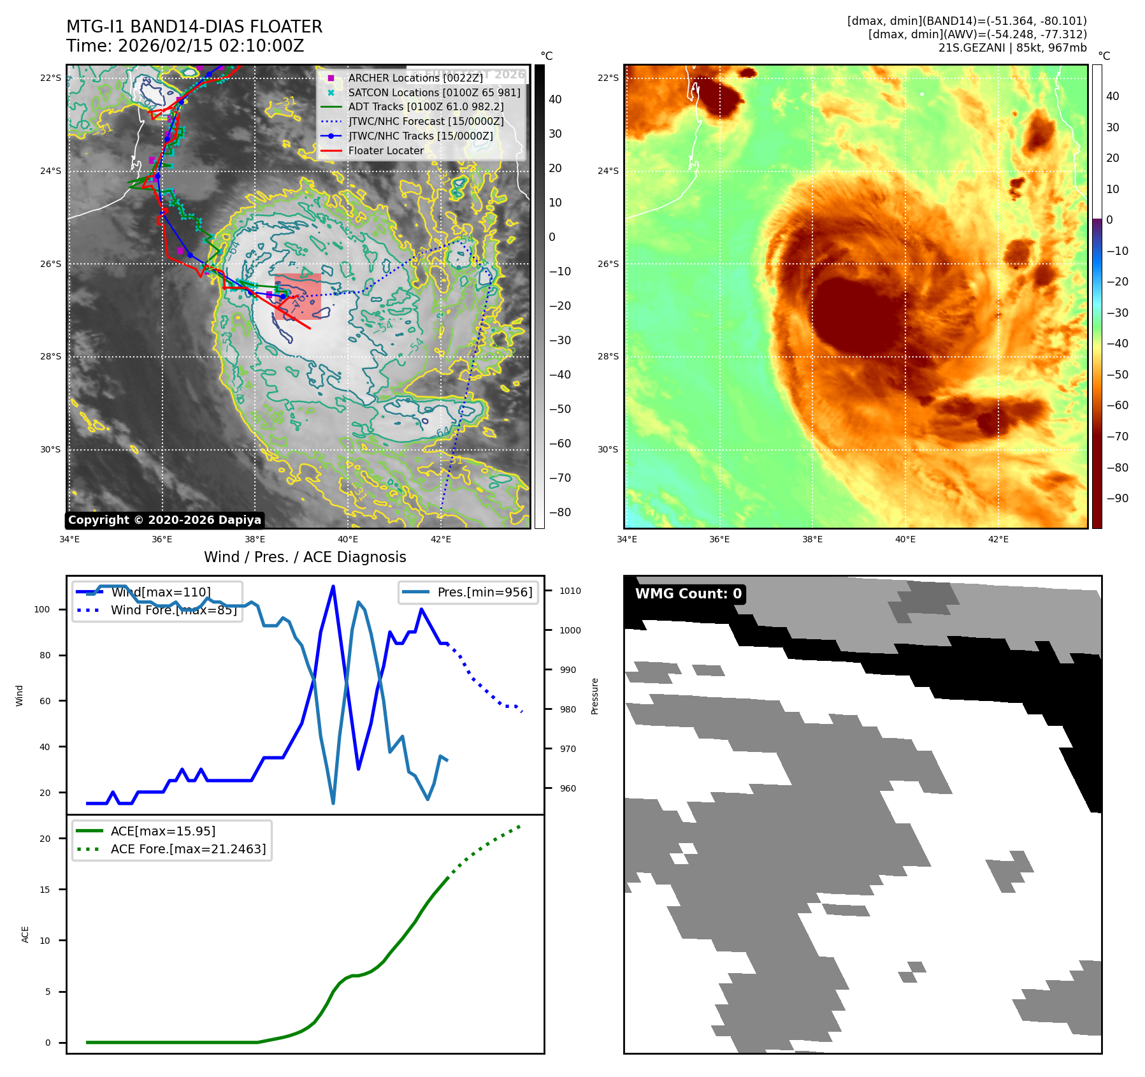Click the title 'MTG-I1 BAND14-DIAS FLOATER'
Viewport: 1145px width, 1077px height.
coord(194,27)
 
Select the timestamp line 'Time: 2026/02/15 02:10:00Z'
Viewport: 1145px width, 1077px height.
coord(185,46)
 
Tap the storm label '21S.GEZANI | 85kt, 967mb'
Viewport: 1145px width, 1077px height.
coord(1012,48)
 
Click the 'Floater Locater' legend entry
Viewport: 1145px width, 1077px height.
coord(385,151)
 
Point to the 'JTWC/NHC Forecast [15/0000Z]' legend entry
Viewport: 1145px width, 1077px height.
coord(426,121)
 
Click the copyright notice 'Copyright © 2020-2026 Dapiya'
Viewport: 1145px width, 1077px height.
coord(164,520)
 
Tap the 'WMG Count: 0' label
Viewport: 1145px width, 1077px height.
coord(688,594)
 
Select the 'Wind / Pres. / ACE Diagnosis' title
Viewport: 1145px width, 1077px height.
coord(305,557)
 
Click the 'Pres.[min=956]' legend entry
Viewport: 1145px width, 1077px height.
coord(484,592)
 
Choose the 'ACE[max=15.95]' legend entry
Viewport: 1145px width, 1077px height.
coord(162,831)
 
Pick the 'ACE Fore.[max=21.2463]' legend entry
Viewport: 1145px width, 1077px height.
coord(188,849)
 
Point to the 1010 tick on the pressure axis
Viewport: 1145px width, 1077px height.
coord(570,591)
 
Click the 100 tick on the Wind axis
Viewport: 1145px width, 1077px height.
coord(42,609)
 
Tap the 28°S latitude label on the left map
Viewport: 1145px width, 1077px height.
coord(51,356)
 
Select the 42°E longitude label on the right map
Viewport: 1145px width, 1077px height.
coord(998,539)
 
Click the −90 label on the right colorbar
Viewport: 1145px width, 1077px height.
coord(1117,498)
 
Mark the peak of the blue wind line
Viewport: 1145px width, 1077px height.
coord(333,586)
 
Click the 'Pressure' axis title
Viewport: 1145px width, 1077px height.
coord(594,696)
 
